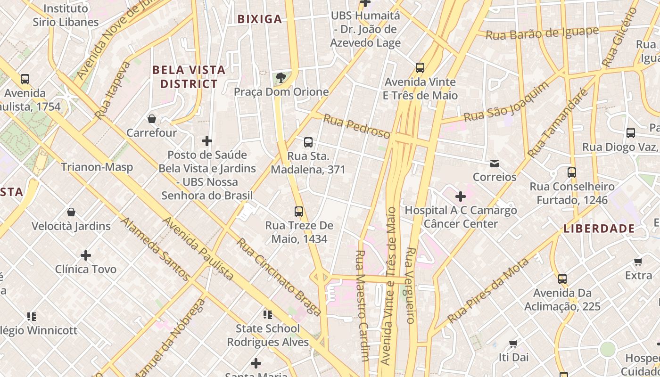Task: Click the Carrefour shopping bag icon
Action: (152, 119)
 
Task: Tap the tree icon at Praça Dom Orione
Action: (281, 78)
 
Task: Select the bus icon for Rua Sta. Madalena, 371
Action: (308, 142)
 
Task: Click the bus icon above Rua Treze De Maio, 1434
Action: (299, 212)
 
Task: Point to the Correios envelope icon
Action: (495, 164)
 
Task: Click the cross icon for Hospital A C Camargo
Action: (461, 197)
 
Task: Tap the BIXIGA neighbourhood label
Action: (259, 19)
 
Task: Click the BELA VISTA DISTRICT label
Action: (189, 77)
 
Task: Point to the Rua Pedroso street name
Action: (356, 127)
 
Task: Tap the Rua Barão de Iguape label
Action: (542, 33)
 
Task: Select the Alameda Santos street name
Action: (155, 249)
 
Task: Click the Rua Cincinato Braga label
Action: (279, 277)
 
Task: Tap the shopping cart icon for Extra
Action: (638, 262)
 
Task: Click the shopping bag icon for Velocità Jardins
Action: (71, 212)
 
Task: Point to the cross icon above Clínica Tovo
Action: (86, 255)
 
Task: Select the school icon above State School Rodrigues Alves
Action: (268, 314)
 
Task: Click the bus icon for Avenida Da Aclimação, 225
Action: (562, 279)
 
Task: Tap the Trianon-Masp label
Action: (97, 167)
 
